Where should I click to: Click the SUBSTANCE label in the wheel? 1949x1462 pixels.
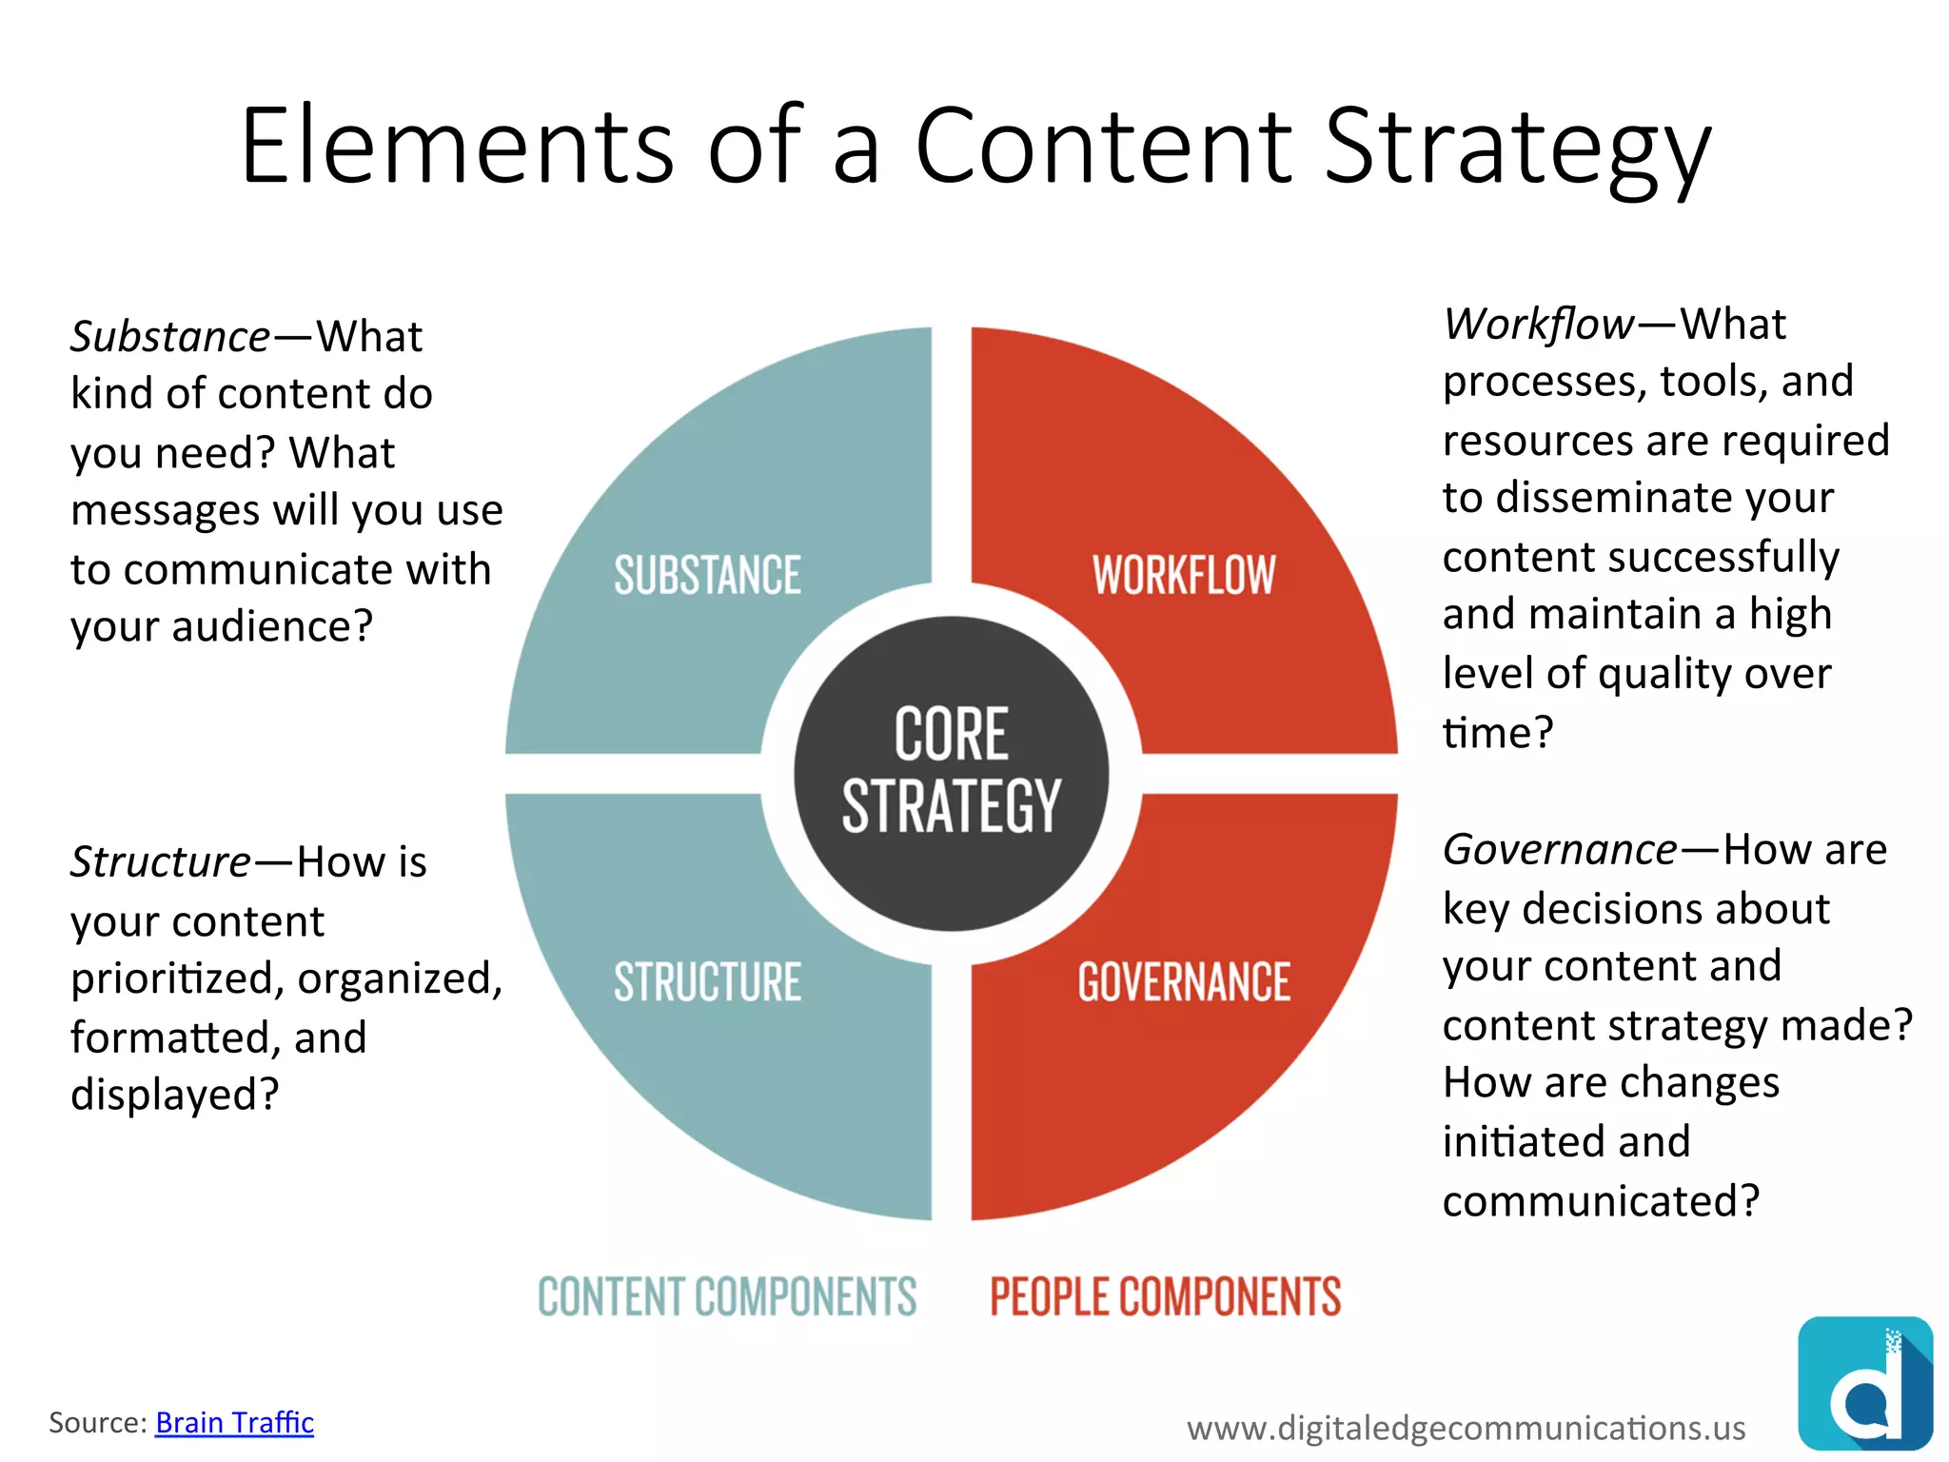coord(707,575)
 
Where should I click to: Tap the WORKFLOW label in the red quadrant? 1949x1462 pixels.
coord(1183,575)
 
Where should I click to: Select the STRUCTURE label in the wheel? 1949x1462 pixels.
coord(707,982)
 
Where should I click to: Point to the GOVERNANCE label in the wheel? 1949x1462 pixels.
coord(1184,982)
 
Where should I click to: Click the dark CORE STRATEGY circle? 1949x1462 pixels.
coord(951,772)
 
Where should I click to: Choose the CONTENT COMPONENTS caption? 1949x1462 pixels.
coord(727,1296)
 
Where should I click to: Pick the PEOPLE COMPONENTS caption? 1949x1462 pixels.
coord(1165,1296)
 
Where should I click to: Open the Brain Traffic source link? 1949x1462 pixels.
coord(234,1422)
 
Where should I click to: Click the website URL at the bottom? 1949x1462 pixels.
coord(1466,1428)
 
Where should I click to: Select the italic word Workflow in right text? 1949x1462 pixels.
coord(1539,325)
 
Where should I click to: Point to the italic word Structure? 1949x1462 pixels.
coord(161,862)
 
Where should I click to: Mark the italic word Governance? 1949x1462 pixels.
coord(1560,850)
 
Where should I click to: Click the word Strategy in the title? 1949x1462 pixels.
coord(1517,148)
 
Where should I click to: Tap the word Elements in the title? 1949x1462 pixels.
coord(458,148)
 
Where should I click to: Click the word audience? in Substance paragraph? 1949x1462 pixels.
coord(272,627)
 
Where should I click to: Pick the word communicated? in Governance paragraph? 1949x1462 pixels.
coord(1601,1201)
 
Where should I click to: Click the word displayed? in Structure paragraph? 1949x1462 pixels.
coord(175,1095)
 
